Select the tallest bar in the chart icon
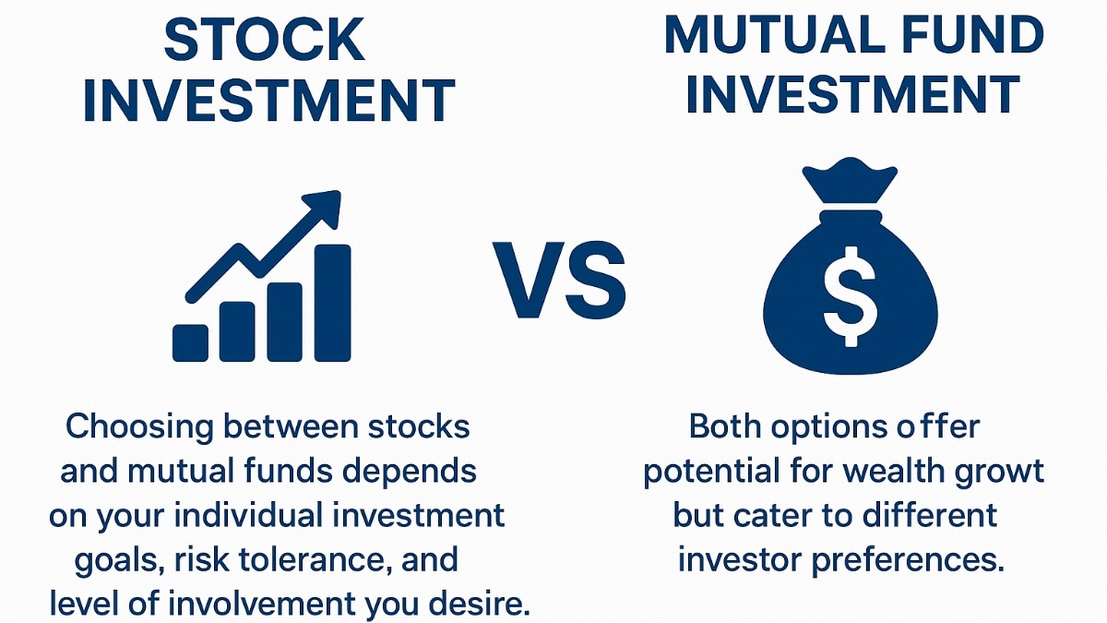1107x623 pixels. point(332,303)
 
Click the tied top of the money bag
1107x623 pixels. point(850,181)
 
